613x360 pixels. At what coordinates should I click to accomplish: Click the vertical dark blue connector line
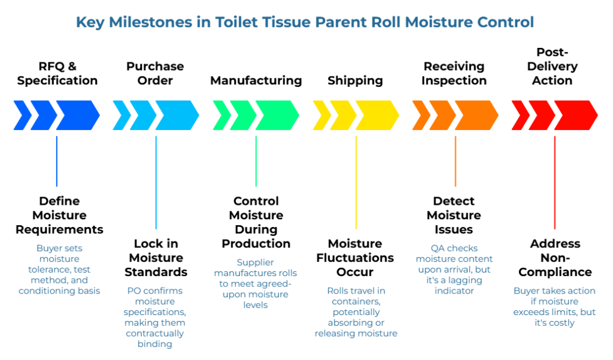click(56, 161)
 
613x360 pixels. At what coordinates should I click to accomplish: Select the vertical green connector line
click(256, 161)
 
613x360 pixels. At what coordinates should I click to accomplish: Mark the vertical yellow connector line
click(356, 182)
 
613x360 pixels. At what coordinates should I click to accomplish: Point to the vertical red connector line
click(555, 182)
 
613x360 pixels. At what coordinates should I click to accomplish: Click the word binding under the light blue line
click(156, 344)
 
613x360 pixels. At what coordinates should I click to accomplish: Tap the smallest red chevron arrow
click(520, 115)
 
